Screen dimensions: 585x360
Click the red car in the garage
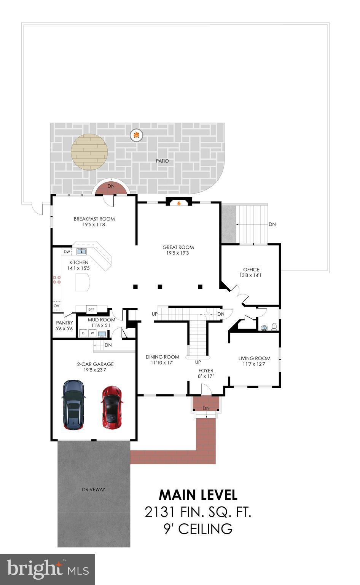(x=112, y=407)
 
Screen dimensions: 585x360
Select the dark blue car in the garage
(x=73, y=404)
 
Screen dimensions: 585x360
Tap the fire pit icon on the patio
(x=136, y=134)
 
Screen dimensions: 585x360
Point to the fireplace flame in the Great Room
(x=179, y=203)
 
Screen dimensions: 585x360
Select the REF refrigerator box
(x=91, y=310)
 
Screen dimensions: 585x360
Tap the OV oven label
(x=56, y=306)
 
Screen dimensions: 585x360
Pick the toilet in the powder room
(x=274, y=327)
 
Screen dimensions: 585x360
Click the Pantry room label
(x=64, y=323)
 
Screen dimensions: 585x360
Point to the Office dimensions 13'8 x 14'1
(x=251, y=275)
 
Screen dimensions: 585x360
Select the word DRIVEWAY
(x=93, y=489)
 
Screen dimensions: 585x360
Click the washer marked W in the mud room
(x=92, y=333)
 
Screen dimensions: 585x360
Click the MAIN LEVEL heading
(x=198, y=495)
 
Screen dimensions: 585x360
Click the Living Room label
(x=254, y=358)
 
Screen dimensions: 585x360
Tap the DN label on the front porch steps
(x=206, y=408)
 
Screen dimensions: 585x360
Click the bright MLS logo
(x=48, y=569)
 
